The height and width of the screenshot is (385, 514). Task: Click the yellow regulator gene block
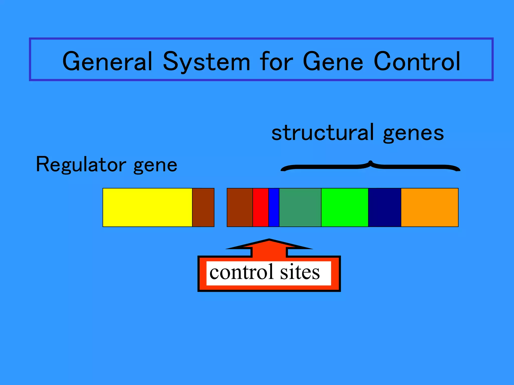click(147, 207)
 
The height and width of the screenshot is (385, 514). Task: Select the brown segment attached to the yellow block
click(203, 207)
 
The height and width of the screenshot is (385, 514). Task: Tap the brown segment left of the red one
click(240, 207)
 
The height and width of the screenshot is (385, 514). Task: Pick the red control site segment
click(261, 207)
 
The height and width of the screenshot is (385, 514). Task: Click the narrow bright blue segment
click(274, 207)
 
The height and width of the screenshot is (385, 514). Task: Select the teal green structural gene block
click(300, 207)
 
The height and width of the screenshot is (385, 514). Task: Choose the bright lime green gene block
click(345, 207)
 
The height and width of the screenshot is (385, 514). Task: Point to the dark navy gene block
click(384, 207)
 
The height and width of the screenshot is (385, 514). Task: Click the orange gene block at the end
click(429, 207)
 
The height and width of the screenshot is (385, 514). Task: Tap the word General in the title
click(107, 61)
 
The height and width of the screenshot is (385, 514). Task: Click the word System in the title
click(206, 61)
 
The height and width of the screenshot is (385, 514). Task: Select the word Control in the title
click(417, 61)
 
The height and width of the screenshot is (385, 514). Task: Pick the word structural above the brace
click(323, 133)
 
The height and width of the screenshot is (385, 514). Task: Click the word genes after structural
click(413, 134)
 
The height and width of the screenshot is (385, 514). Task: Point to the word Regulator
click(81, 165)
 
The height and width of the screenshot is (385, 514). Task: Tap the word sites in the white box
click(300, 272)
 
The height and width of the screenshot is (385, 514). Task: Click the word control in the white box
click(241, 272)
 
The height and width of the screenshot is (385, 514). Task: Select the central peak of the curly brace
click(370, 162)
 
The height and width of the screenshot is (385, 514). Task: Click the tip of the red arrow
click(269, 240)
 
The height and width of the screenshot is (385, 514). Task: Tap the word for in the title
click(276, 61)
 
